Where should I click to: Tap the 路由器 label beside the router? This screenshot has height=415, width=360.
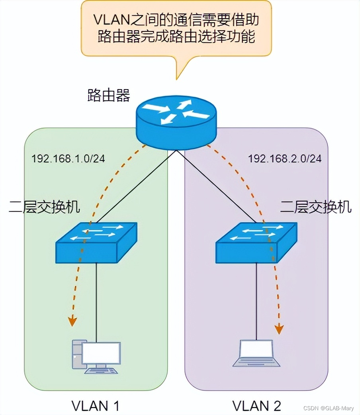coord(108,95)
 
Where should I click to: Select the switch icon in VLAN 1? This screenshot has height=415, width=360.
coord(96,243)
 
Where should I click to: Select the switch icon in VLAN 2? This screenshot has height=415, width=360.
coord(256,243)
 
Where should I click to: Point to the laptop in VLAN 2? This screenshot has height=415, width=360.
coord(256,353)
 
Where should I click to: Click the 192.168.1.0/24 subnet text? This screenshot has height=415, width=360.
coord(68,158)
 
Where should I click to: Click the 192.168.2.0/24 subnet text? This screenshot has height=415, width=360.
coord(285,158)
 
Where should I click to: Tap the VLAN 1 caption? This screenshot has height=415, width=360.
coord(95,405)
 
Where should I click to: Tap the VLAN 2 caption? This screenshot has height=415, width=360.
coord(257,405)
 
